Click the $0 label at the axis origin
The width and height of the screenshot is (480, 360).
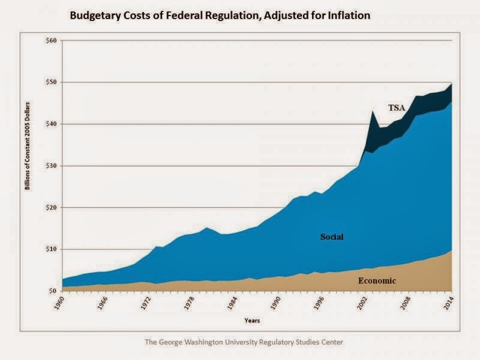coord(52,291)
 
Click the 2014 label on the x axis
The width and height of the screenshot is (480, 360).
coord(451,303)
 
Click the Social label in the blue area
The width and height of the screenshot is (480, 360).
coord(331,236)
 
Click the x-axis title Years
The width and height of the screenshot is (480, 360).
coord(252,320)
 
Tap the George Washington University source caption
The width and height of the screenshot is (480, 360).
coord(244,342)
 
